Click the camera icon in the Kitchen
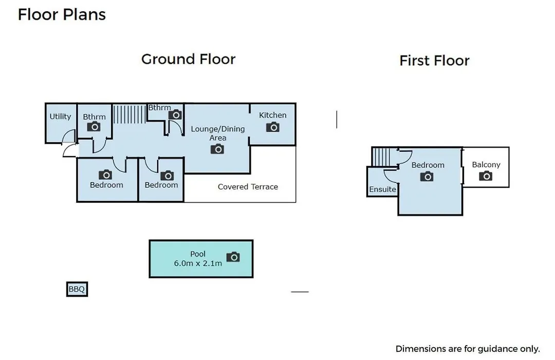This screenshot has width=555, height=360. coord(273,127)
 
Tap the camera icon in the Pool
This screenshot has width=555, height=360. coord(233,257)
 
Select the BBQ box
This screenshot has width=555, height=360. coord(77,289)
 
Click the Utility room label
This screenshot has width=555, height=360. coord(60,116)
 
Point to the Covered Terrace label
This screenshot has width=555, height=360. coord(248,187)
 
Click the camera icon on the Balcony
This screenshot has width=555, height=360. coord(486,176)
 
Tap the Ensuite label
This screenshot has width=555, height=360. coord(383,189)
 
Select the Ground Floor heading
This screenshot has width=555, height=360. coord(188,59)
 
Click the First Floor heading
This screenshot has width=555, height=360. coord(434,61)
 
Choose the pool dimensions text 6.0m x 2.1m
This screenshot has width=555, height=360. coord(198,263)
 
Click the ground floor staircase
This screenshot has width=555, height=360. coord(129,114)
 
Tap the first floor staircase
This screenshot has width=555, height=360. coord(381,157)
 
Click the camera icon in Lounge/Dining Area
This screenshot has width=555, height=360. coord(217,149)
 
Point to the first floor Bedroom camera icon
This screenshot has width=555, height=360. coord(427,176)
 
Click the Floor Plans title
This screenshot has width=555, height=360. coord(62,14)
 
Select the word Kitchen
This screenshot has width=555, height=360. coord(272,115)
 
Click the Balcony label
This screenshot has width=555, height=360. coord(486,165)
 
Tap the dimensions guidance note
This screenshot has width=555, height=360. coord(468,349)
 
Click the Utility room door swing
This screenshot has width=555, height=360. coord(69,136)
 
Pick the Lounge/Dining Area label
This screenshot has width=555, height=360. coord(218,133)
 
